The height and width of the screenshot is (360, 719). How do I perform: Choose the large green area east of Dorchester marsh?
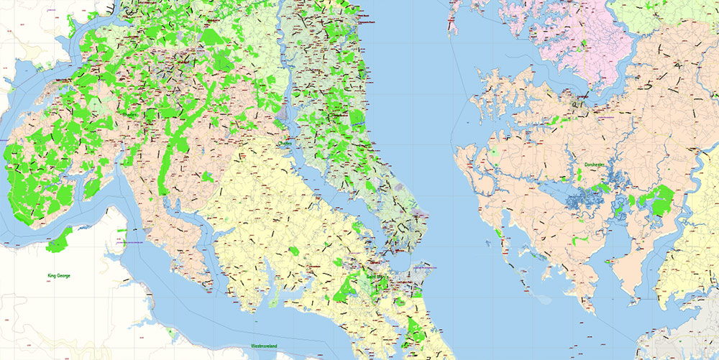tap(661, 200)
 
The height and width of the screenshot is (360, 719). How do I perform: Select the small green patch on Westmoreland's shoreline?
tap(170, 332)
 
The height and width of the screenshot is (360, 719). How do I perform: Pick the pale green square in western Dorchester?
tap(495, 153)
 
